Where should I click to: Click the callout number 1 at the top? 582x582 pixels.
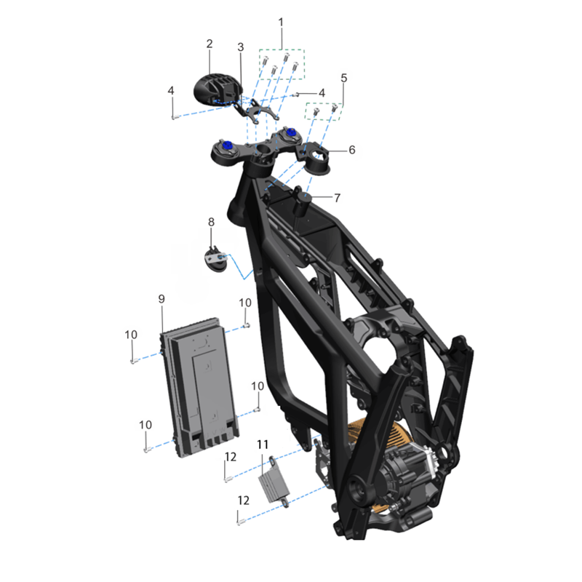click(x=281, y=23)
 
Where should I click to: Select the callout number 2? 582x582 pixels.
click(x=210, y=44)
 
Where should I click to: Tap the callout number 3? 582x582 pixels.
click(x=241, y=47)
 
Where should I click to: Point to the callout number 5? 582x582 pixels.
click(x=343, y=78)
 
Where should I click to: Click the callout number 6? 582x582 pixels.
click(x=352, y=150)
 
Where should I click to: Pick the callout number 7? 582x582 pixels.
click(x=337, y=198)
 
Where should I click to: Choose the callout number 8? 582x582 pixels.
click(x=211, y=222)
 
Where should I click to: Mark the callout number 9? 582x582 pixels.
click(x=162, y=299)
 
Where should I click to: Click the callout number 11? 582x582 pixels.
click(x=263, y=445)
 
